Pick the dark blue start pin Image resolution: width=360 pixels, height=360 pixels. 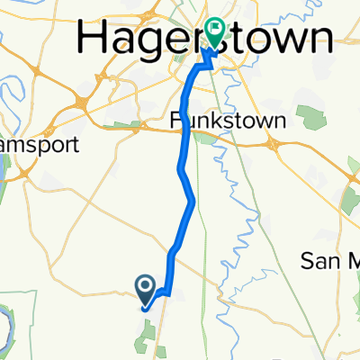click(147, 288)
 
